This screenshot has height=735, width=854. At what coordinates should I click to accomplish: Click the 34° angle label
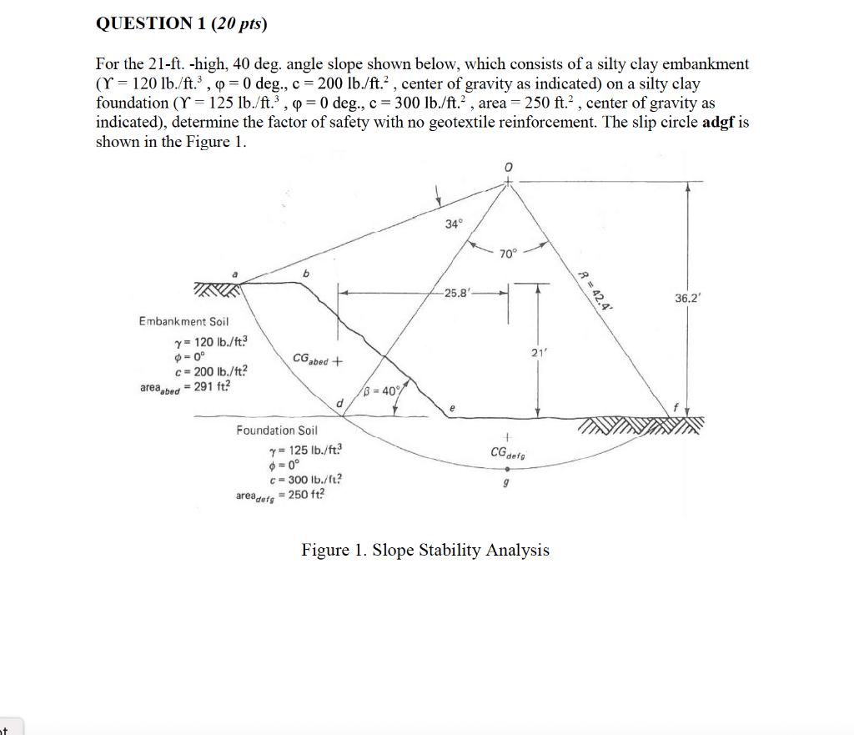(x=452, y=224)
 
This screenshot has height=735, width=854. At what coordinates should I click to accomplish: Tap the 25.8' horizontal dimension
(x=460, y=293)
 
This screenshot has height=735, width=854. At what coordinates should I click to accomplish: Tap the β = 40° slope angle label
(x=383, y=390)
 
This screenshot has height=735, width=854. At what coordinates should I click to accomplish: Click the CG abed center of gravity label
(x=318, y=361)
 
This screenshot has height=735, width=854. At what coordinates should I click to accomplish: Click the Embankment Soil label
(x=183, y=321)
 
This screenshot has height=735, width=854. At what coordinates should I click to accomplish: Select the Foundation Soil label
(x=277, y=430)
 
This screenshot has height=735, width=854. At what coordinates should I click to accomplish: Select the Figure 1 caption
(x=425, y=550)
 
